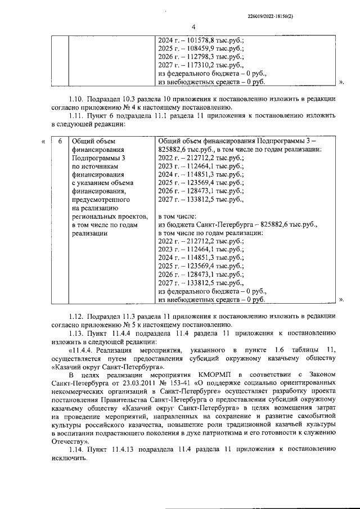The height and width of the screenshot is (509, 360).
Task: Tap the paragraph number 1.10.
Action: (x=77, y=99)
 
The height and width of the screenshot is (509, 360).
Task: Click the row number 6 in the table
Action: (x=60, y=141)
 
